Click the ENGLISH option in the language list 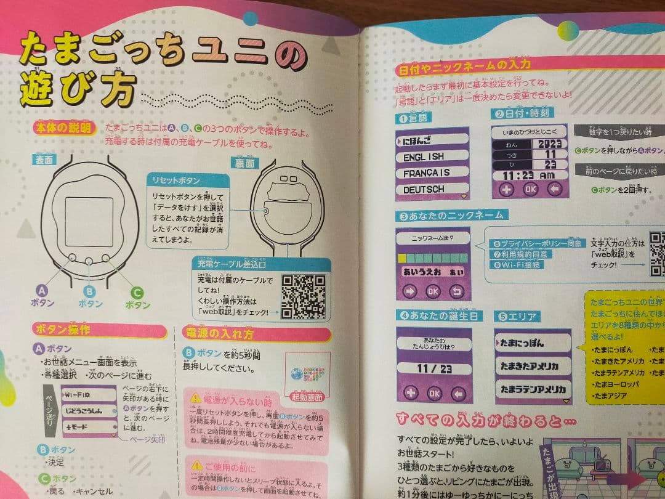click(424, 156)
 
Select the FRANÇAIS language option click(427, 172)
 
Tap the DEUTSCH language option click(424, 189)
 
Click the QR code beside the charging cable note click(302, 294)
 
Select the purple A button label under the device click(42, 297)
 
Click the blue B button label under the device click(89, 298)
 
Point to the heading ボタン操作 click(63, 329)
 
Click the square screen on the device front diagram click(90, 222)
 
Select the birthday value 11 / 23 click(433, 368)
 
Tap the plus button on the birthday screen click(410, 392)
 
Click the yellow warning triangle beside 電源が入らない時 click(196, 398)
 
